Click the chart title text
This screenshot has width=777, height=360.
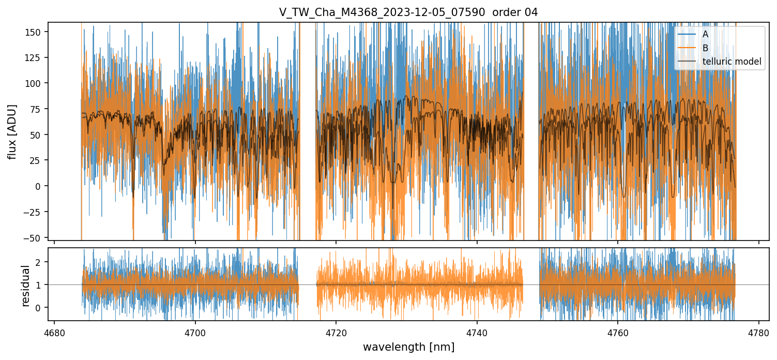tap(408, 12)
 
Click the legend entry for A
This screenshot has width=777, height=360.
tap(705, 34)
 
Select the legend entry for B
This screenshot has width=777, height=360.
tap(705, 48)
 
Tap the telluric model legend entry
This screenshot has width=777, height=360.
tap(732, 62)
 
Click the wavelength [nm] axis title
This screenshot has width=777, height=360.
tap(408, 347)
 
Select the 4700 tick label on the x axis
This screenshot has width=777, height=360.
tap(195, 333)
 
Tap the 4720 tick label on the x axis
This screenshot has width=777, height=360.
tap(336, 333)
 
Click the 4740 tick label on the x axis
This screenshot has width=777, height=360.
tap(477, 333)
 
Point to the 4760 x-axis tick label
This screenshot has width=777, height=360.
tap(618, 333)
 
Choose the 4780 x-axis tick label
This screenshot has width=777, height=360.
tap(758, 333)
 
